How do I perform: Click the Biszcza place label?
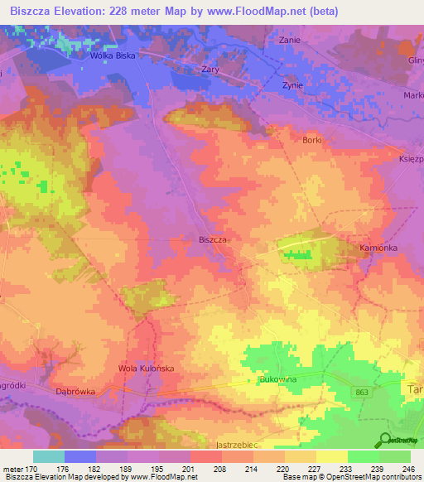(x=214, y=239)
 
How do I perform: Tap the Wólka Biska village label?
(x=113, y=57)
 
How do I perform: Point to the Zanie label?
(x=289, y=40)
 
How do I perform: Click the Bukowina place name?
(x=278, y=378)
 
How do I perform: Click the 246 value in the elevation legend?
(x=408, y=469)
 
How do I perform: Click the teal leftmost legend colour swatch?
(x=48, y=456)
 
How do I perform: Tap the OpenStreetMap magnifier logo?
(x=385, y=441)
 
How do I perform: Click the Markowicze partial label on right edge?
(x=413, y=94)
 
